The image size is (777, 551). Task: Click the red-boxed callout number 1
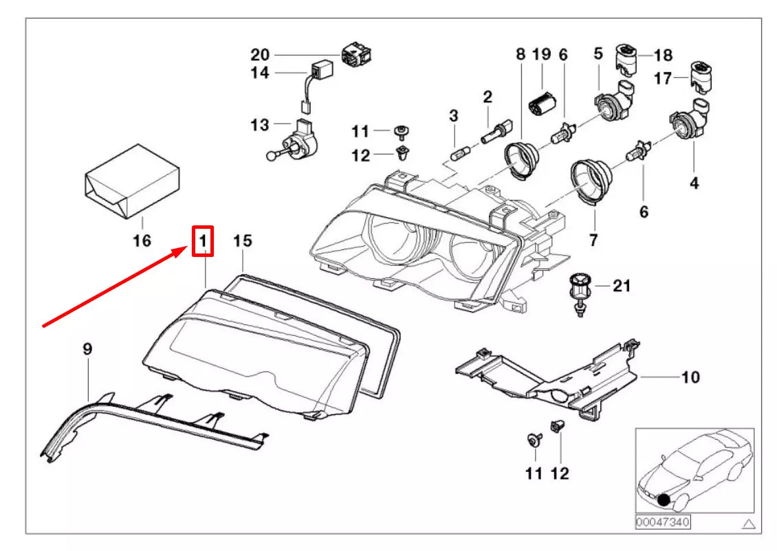[x=203, y=241]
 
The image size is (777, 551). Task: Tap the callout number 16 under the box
[x=142, y=240]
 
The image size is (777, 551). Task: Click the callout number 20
[x=260, y=54]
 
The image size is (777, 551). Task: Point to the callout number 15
[x=243, y=240]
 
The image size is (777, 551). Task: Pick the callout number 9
[x=87, y=349]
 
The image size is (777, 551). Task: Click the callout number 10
[x=690, y=377]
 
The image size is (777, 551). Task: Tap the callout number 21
[x=622, y=286]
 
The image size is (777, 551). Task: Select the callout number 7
[x=593, y=240]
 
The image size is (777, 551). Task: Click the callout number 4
[x=694, y=183]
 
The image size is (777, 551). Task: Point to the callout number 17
[x=663, y=78]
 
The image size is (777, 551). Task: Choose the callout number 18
[x=664, y=55]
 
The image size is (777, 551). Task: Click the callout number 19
[x=542, y=54]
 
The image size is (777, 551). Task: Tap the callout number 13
[x=260, y=125]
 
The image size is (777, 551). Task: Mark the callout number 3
[x=453, y=116]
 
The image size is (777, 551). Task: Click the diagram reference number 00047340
[x=663, y=522]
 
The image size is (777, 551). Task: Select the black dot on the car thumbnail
[x=664, y=499]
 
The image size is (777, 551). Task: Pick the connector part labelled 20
[x=356, y=54]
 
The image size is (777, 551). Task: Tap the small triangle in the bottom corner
[x=749, y=524]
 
